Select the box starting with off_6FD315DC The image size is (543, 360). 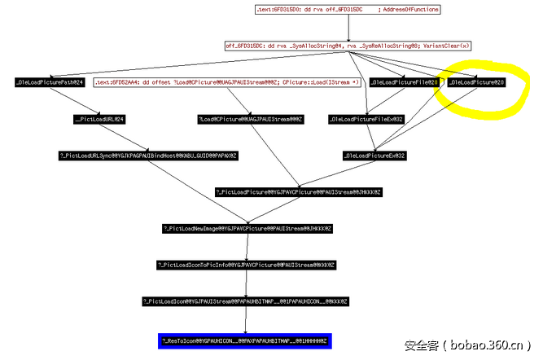pyautogui.click(x=348, y=46)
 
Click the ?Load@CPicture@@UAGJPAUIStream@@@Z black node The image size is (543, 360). pyautogui.click(x=250, y=119)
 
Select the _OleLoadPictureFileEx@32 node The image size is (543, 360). pyautogui.click(x=367, y=119)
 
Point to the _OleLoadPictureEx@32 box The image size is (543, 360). pyautogui.click(x=375, y=155)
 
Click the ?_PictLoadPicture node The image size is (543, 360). pyautogui.click(x=298, y=192)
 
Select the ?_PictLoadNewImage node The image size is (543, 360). pyautogui.click(x=247, y=229)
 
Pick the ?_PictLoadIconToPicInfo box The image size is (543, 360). pyautogui.click(x=247, y=265)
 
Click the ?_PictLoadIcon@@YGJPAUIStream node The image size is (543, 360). pyautogui.click(x=247, y=301)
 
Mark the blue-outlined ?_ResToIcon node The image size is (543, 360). pyautogui.click(x=247, y=339)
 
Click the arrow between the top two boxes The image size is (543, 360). pyautogui.click(x=348, y=28)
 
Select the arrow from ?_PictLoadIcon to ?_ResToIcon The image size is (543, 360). pyautogui.click(x=247, y=319)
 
